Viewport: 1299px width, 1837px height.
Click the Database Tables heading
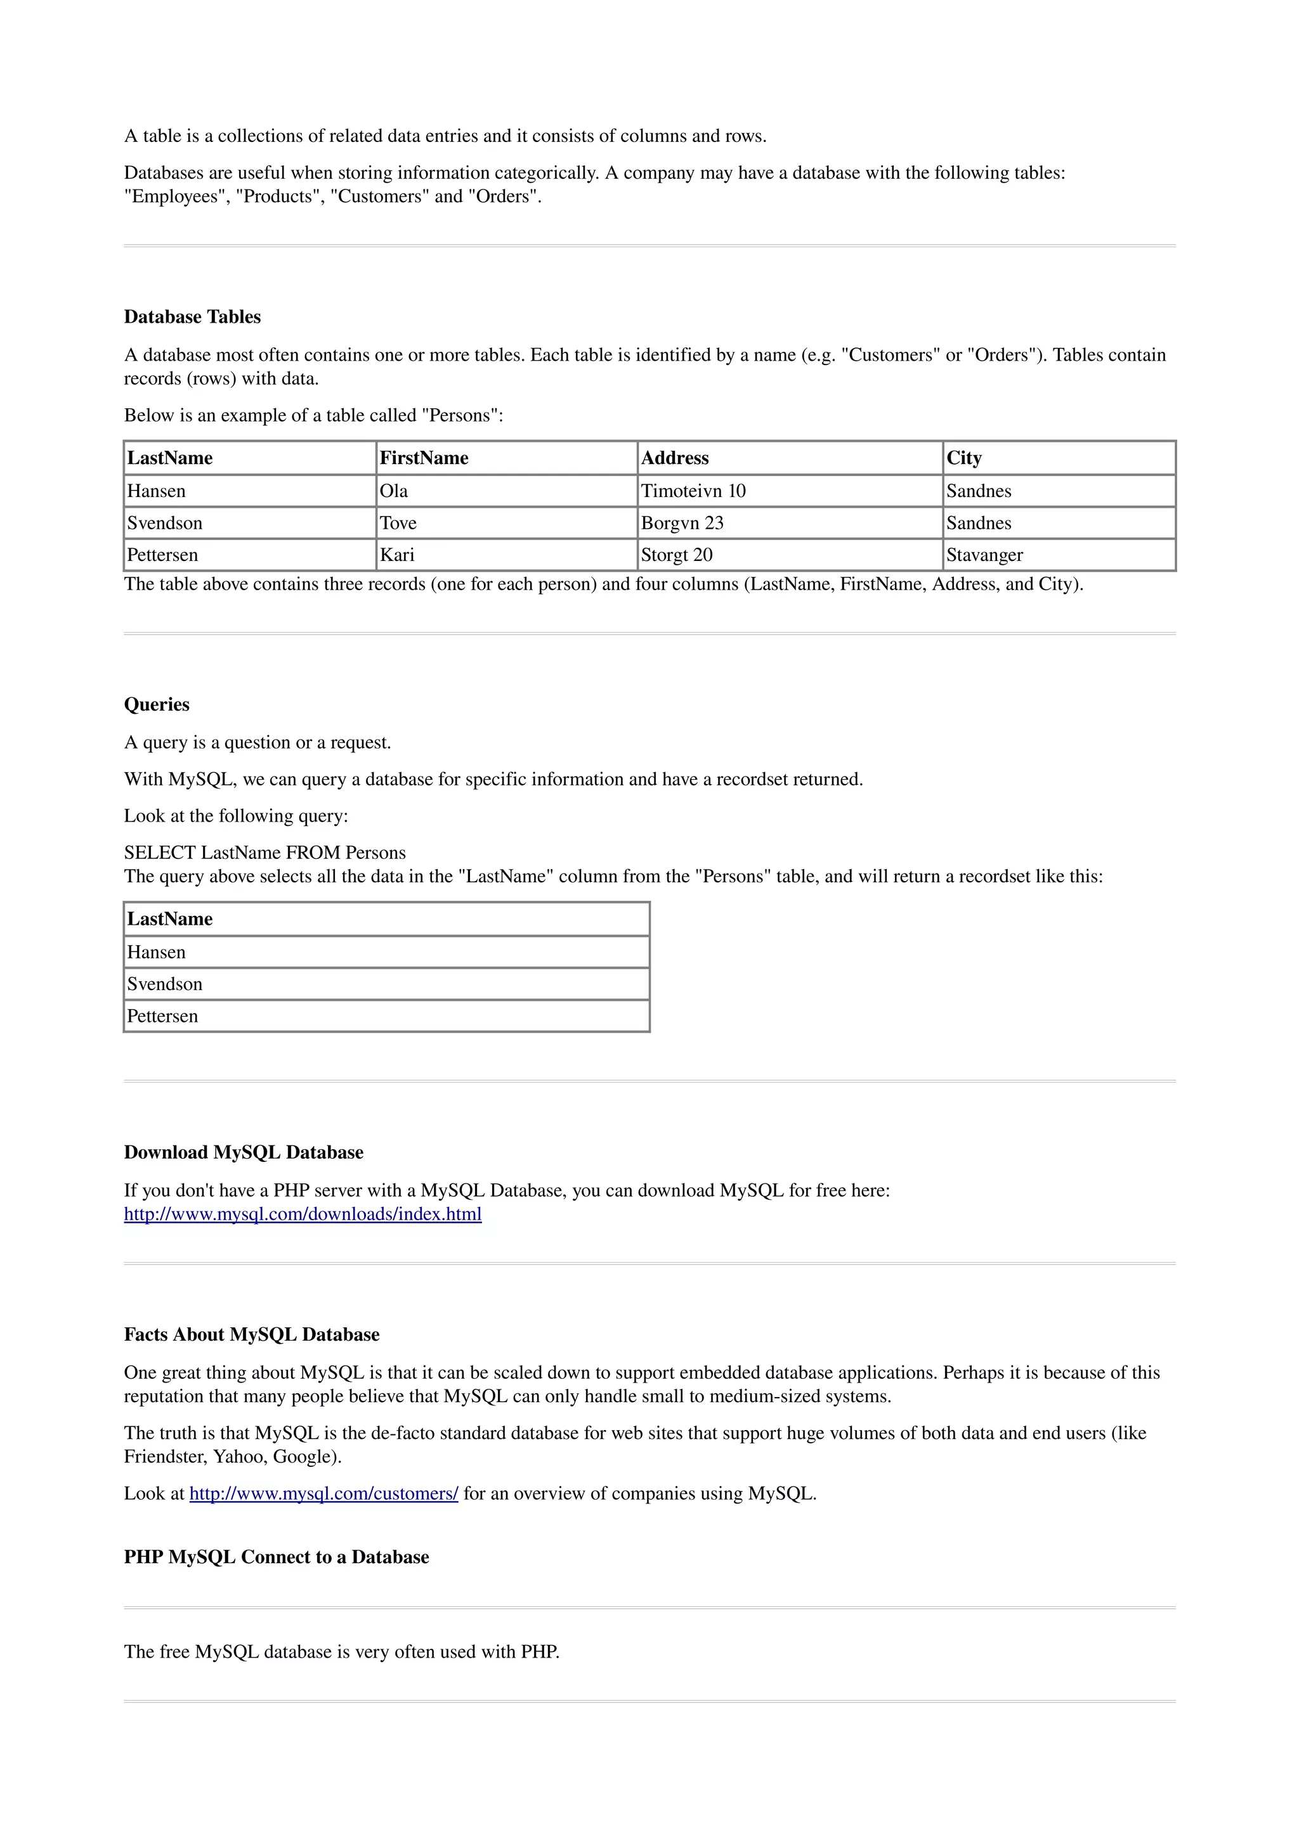tap(192, 317)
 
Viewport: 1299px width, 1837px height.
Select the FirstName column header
tap(424, 458)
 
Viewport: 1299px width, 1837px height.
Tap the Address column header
tap(675, 458)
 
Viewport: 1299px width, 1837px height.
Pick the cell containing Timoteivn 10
tap(693, 491)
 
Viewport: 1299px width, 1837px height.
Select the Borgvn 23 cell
tap(682, 522)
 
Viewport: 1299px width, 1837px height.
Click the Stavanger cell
tap(984, 555)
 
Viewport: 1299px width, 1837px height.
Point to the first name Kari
tap(397, 555)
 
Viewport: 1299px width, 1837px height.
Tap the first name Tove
tap(398, 522)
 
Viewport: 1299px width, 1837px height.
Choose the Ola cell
tap(394, 491)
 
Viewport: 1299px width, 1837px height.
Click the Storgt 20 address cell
tap(676, 555)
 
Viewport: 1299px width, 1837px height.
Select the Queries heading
tap(157, 704)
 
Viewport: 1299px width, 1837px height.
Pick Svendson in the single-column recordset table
tap(165, 983)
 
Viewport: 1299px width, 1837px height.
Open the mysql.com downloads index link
tap(303, 1214)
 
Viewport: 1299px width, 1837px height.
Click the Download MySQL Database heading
tap(244, 1152)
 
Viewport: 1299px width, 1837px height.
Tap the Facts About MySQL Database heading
tap(251, 1334)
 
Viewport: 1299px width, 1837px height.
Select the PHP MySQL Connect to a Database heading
tap(276, 1557)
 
